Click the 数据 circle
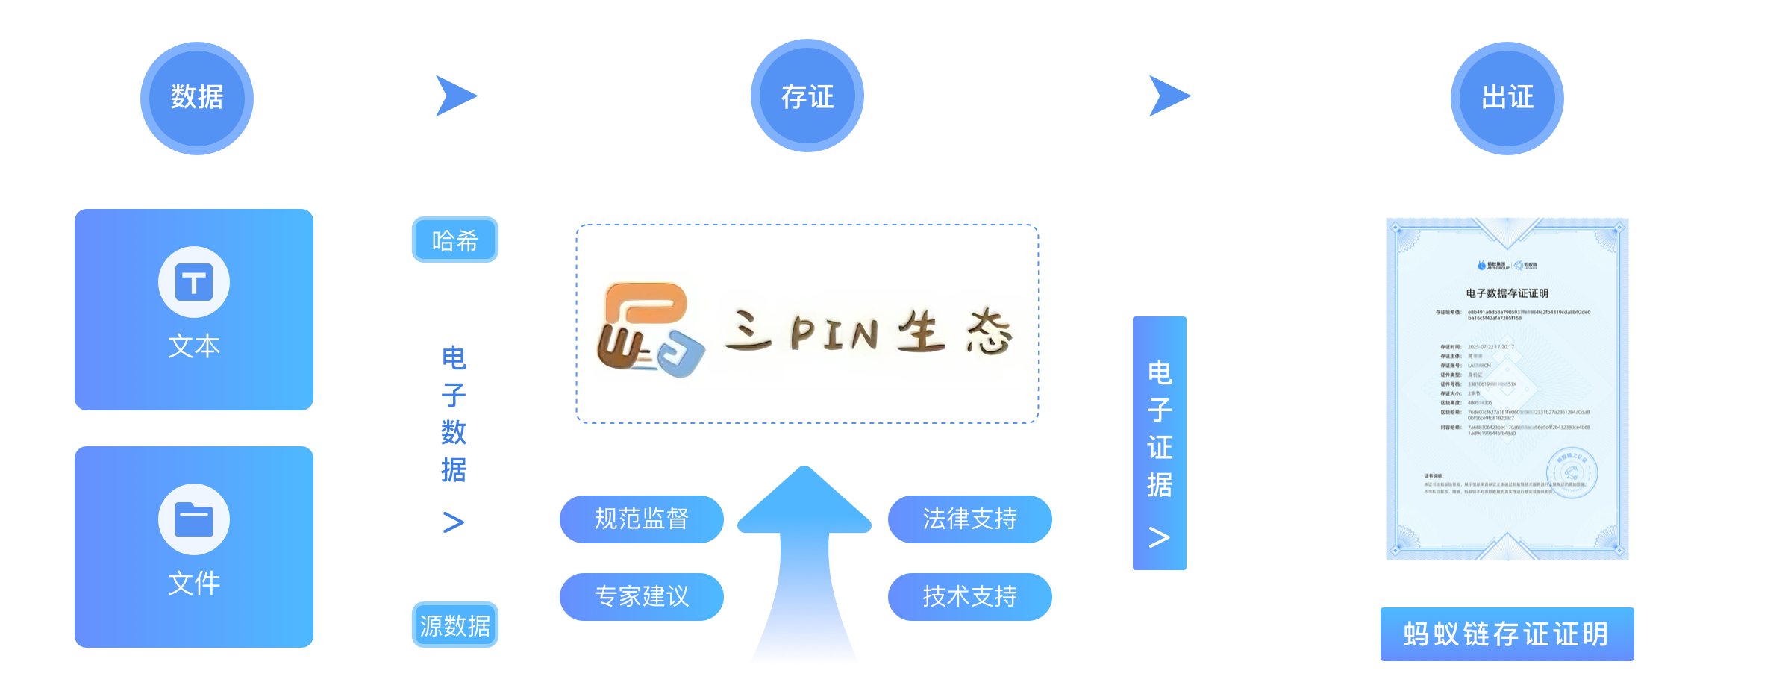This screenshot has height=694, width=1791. click(x=197, y=99)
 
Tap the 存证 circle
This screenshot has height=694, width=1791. click(x=807, y=96)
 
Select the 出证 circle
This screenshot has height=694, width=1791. click(x=1507, y=99)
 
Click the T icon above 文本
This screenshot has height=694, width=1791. click(x=194, y=282)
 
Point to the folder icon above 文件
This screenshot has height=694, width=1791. click(x=194, y=519)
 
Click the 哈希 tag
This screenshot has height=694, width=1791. click(x=455, y=240)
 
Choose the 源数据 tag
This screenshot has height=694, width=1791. click(x=455, y=625)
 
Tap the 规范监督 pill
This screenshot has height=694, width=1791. click(x=642, y=519)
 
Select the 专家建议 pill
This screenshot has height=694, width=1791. click(x=642, y=596)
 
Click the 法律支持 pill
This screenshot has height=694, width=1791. click(x=969, y=519)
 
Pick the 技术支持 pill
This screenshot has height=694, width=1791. click(x=969, y=596)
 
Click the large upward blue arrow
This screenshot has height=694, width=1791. click(x=804, y=567)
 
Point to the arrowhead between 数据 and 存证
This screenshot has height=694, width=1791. click(x=454, y=96)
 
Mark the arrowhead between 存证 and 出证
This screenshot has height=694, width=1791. click(x=1167, y=96)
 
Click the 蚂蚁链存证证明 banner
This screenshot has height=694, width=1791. click(x=1507, y=634)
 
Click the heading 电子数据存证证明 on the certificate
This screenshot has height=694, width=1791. click(x=1507, y=293)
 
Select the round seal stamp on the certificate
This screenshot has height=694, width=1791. click(x=1572, y=472)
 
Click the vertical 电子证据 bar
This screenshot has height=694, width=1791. click(x=1160, y=443)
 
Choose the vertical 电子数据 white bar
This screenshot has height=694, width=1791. click(x=454, y=428)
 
